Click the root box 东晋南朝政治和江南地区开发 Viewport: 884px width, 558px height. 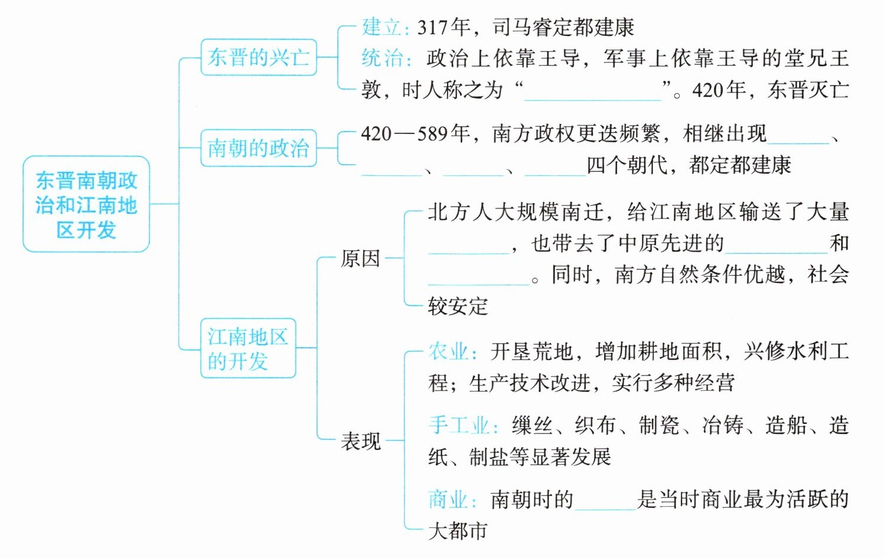pyautogui.click(x=86, y=204)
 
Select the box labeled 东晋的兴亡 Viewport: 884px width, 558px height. pyautogui.click(x=259, y=57)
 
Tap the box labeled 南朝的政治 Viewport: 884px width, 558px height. pyautogui.click(x=259, y=148)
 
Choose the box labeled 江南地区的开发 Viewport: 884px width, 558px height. pyautogui.click(x=248, y=348)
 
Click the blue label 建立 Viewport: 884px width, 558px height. pyautogui.click(x=381, y=27)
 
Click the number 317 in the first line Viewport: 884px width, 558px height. pyautogui.click(x=432, y=27)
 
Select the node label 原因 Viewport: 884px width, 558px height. pyautogui.click(x=360, y=259)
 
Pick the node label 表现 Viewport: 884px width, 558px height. pyautogui.click(x=360, y=440)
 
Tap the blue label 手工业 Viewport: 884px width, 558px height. pyautogui.click(x=459, y=425)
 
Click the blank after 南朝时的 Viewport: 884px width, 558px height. pyautogui.click(x=605, y=501)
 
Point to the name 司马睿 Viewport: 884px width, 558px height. pyautogui.click(x=524, y=27)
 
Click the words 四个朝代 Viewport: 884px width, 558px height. pyautogui.click(x=628, y=165)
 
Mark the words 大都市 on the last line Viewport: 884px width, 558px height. pyautogui.click(x=458, y=531)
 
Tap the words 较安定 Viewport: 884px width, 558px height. pyautogui.click(x=458, y=306)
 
